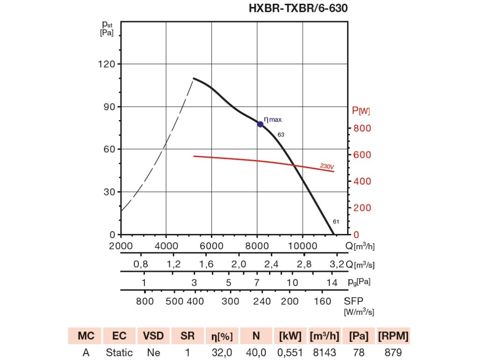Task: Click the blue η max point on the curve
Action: (x=260, y=124)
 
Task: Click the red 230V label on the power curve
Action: (x=327, y=166)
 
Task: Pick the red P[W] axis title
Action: (x=361, y=111)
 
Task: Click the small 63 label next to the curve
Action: (x=281, y=135)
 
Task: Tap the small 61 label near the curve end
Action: (x=336, y=221)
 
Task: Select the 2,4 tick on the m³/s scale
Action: (x=271, y=264)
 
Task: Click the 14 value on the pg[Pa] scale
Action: (x=332, y=283)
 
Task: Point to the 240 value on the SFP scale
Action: (x=262, y=301)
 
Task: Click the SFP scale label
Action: (x=354, y=301)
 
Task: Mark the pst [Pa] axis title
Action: (x=107, y=28)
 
